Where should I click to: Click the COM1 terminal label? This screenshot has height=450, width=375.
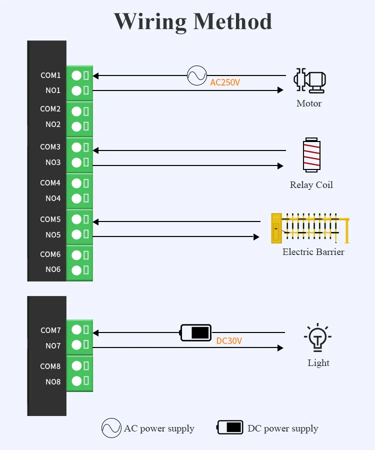50,75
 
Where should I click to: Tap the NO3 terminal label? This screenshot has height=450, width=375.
53,162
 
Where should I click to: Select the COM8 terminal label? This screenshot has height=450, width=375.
50,366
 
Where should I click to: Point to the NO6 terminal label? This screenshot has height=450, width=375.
53,269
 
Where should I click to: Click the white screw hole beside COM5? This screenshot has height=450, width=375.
76,219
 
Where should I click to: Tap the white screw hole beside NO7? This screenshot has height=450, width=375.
76,345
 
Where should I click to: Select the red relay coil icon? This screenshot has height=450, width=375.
311,155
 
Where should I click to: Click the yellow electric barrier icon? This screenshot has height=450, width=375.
310,228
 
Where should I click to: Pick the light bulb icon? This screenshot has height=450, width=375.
317,337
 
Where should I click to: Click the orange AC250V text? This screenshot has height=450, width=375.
225,82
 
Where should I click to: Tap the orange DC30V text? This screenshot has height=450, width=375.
229,341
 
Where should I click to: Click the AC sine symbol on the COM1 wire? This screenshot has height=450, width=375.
197,75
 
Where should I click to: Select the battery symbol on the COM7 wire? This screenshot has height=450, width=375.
196,332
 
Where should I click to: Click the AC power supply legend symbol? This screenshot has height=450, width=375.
111,428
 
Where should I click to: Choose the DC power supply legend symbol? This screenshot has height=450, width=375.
230,427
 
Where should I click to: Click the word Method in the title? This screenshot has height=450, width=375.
232,21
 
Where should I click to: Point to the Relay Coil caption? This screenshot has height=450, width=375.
311,185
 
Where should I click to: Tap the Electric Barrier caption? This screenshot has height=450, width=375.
313,252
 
